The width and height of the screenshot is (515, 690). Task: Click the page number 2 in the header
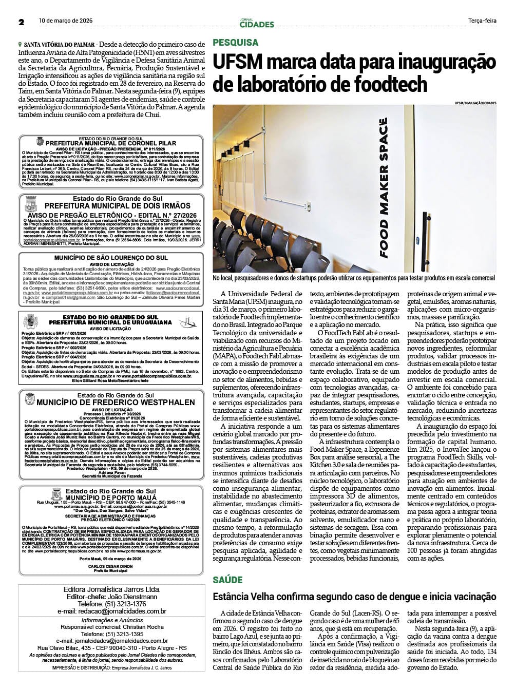point(21,22)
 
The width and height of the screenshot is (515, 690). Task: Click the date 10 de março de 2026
point(66,21)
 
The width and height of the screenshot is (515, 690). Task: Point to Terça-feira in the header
point(482,21)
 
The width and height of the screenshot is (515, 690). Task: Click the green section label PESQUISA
point(236,43)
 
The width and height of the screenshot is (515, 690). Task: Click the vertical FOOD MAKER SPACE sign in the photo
point(383,188)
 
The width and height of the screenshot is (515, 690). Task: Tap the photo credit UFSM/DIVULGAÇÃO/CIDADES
point(475,103)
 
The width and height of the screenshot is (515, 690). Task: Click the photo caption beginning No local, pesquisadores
point(354,278)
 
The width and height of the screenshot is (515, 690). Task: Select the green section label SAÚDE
point(228,580)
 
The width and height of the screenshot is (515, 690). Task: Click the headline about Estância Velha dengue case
point(354,597)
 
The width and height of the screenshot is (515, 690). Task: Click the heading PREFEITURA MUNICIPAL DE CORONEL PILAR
point(111,143)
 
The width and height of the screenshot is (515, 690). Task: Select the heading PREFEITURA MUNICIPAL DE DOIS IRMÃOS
point(111,205)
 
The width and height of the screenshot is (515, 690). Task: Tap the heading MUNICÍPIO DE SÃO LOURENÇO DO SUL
point(111,257)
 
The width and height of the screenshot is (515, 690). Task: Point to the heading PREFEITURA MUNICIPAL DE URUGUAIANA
point(111,322)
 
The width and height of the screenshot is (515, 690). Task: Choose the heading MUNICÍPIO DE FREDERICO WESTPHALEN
point(116,402)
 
